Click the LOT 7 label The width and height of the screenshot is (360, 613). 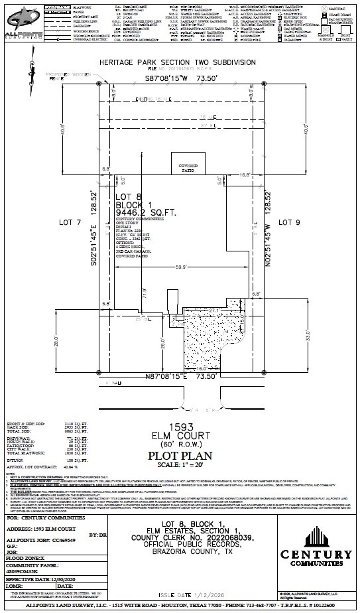pyautogui.click(x=66, y=223)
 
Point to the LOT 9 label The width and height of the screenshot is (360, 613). pyautogui.click(x=289, y=223)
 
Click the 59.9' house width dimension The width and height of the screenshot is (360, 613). pyautogui.click(x=180, y=267)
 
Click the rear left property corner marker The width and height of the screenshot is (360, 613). pyautogui.click(x=100, y=84)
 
